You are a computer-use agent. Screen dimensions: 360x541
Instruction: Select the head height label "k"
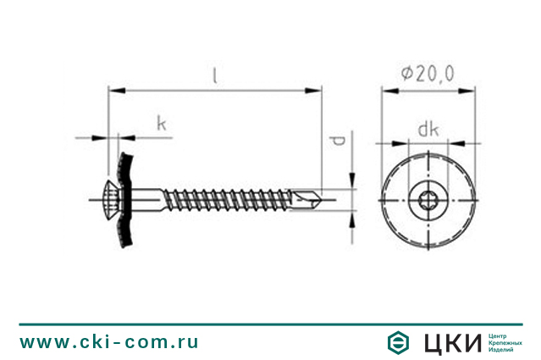(162, 124)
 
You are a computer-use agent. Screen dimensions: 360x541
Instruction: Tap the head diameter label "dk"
(428, 129)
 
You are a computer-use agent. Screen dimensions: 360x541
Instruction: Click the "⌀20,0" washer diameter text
(428, 75)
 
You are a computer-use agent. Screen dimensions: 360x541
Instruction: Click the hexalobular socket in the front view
(428, 201)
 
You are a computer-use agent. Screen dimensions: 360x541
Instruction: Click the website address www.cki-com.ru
(109, 342)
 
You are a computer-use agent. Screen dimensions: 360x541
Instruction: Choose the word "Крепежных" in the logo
(505, 342)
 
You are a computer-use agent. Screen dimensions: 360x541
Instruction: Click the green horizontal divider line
(270, 324)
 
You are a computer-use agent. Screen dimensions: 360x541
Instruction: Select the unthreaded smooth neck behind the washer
(149, 200)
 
